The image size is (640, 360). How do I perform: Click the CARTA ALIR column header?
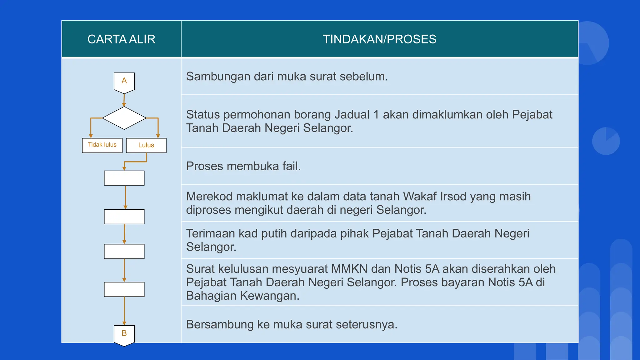coord(121,39)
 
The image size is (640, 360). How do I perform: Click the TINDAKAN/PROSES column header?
coord(379,39)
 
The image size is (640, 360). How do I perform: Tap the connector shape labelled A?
coord(124,82)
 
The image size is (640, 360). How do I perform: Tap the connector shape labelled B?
coord(124,335)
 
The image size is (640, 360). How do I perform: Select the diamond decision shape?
coord(124,118)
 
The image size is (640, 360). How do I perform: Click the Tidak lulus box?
coord(102,145)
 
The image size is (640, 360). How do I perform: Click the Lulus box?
coord(146,145)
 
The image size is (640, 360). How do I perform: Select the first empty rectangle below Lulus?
coord(124,178)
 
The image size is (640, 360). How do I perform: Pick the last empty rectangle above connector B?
coord(124,289)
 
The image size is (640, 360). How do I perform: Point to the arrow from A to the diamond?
coord(124,100)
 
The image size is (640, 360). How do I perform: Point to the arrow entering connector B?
coord(124,311)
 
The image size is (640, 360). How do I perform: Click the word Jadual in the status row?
coord(352,115)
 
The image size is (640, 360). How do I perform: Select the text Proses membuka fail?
coord(243,166)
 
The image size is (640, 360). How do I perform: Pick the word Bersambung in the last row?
coord(219,325)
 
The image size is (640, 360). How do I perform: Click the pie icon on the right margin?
coord(606,141)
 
